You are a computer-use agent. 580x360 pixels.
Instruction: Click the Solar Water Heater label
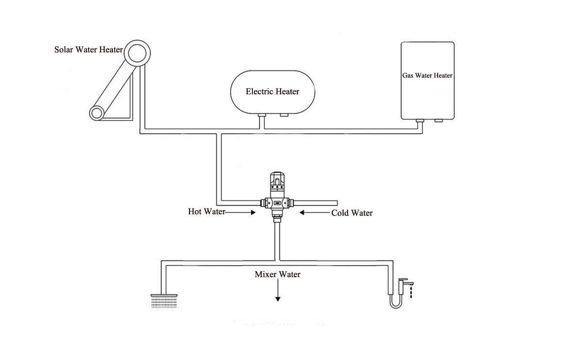click(89, 50)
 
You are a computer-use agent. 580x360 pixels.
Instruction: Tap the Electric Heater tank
click(272, 92)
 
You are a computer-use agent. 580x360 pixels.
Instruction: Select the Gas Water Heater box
click(428, 80)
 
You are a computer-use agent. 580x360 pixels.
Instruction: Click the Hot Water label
click(207, 212)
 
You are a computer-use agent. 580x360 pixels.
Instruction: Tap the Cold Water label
click(352, 213)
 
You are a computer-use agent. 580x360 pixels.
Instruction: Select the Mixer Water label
click(278, 274)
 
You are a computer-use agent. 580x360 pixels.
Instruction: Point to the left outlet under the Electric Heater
click(261, 115)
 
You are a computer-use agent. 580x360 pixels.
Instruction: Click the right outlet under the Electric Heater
click(285, 115)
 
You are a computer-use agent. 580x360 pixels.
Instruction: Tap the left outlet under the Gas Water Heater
click(420, 121)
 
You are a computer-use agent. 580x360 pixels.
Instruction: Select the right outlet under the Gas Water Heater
click(439, 121)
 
